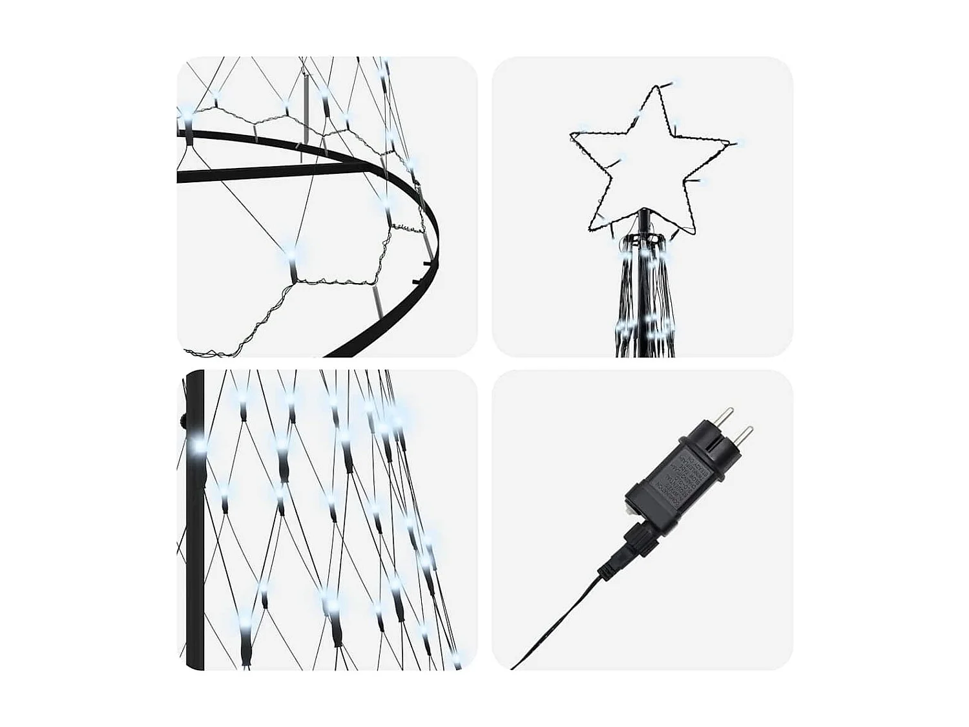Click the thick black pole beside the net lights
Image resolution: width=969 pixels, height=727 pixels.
click(194, 549)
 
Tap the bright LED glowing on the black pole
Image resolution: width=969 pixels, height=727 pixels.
click(198, 446)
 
